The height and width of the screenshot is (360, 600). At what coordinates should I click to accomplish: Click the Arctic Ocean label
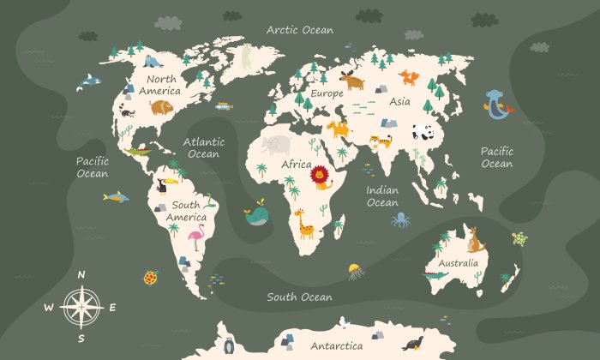[299, 29]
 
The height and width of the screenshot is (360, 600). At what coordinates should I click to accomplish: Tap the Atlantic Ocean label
[204, 147]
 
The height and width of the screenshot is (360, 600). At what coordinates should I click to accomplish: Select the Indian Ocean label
[382, 196]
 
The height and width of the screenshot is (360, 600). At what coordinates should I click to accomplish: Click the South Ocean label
[298, 297]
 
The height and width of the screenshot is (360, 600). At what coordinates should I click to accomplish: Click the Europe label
[327, 93]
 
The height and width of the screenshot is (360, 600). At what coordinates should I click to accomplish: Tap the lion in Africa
[321, 177]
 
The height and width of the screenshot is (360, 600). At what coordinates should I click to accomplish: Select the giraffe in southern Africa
[304, 222]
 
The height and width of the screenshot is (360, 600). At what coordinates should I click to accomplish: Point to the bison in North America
[161, 106]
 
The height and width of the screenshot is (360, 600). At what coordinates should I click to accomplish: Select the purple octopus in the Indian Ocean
[401, 220]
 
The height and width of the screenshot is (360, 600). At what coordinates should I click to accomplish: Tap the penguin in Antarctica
[229, 346]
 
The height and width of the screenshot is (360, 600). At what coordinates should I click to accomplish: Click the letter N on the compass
[81, 274]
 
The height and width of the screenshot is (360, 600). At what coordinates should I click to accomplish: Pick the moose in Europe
[351, 81]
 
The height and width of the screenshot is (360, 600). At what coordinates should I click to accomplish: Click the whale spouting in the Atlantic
[255, 216]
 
